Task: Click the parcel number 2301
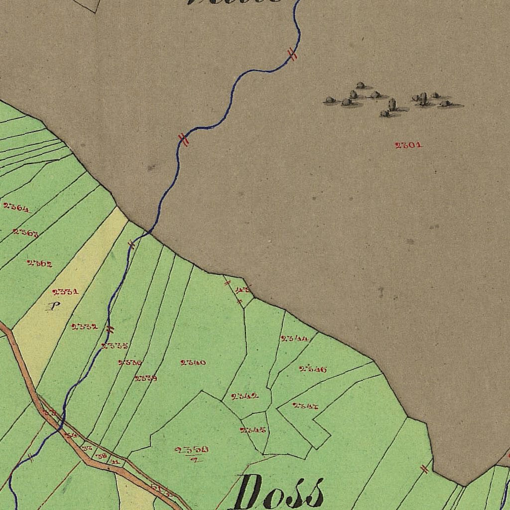pos(408,145)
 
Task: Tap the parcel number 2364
pos(16,207)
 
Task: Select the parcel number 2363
pos(26,233)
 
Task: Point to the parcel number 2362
pos(40,263)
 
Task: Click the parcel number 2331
pos(65,291)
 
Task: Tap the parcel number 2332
pos(84,327)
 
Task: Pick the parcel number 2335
pos(115,346)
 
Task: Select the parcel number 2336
pos(130,363)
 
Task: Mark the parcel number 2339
pos(146,378)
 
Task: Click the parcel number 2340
pos(193,362)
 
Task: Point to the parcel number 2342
pos(245,396)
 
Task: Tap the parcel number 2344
pos(294,338)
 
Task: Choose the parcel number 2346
pos(313,369)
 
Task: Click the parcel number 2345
pos(253,430)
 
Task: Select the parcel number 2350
pos(192,450)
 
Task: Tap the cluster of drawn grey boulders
pos(391,100)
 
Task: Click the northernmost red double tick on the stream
pos(293,55)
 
